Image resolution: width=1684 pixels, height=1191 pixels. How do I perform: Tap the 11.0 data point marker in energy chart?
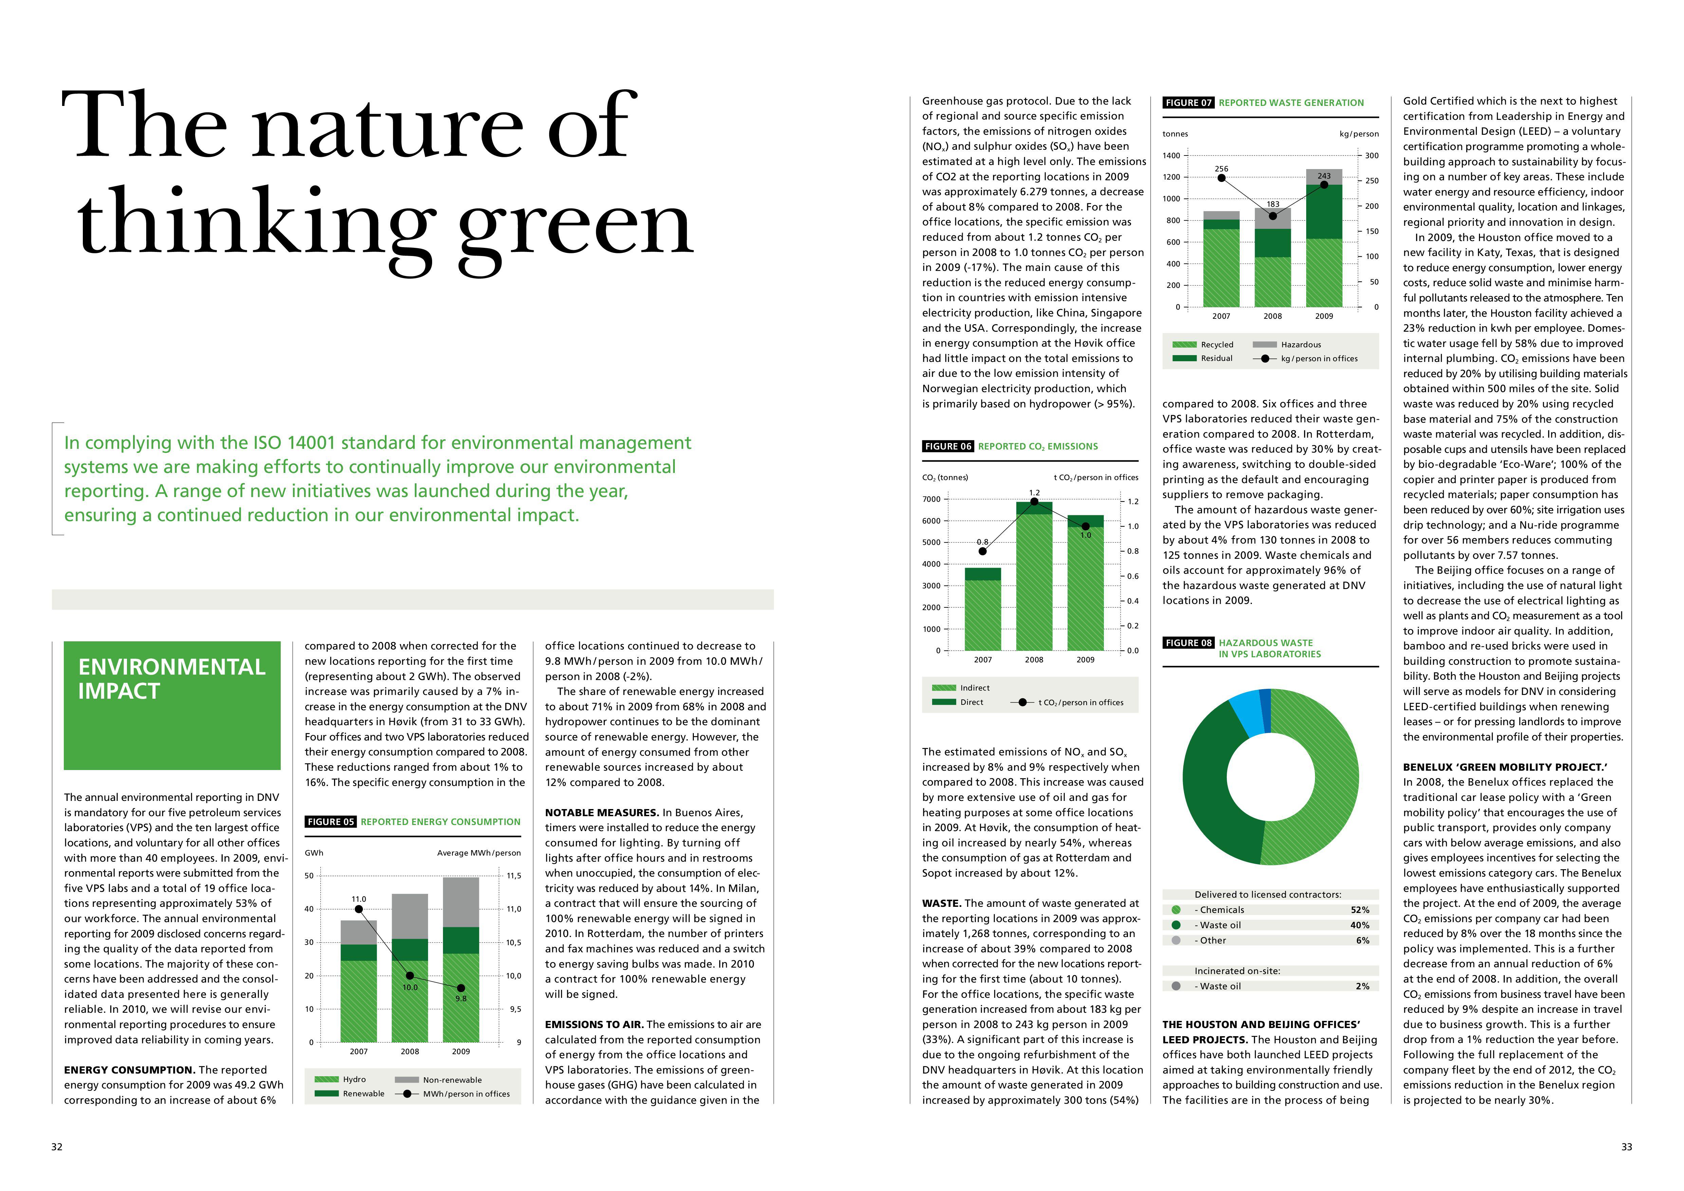tap(359, 910)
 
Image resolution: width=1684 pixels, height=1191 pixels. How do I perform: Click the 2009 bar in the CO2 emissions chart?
tap(1086, 583)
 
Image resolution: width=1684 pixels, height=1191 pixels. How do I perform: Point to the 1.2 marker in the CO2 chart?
tap(1034, 502)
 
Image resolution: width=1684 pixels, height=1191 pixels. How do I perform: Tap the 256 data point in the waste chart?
tap(1221, 178)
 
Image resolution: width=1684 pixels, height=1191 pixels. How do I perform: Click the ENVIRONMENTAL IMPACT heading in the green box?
tap(172, 679)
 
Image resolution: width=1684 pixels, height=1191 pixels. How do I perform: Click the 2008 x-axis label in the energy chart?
tap(410, 1052)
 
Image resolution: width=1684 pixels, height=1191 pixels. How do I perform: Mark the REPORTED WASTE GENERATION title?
tap(1292, 103)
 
